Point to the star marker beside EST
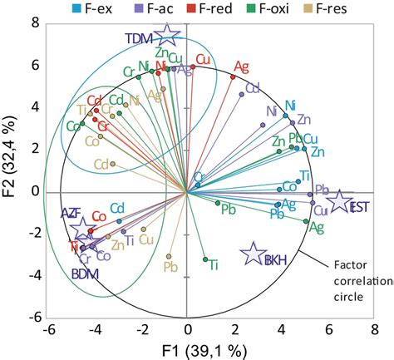click(340, 202)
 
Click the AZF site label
click(71, 214)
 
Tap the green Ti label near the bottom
click(214, 265)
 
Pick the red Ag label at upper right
click(241, 67)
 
